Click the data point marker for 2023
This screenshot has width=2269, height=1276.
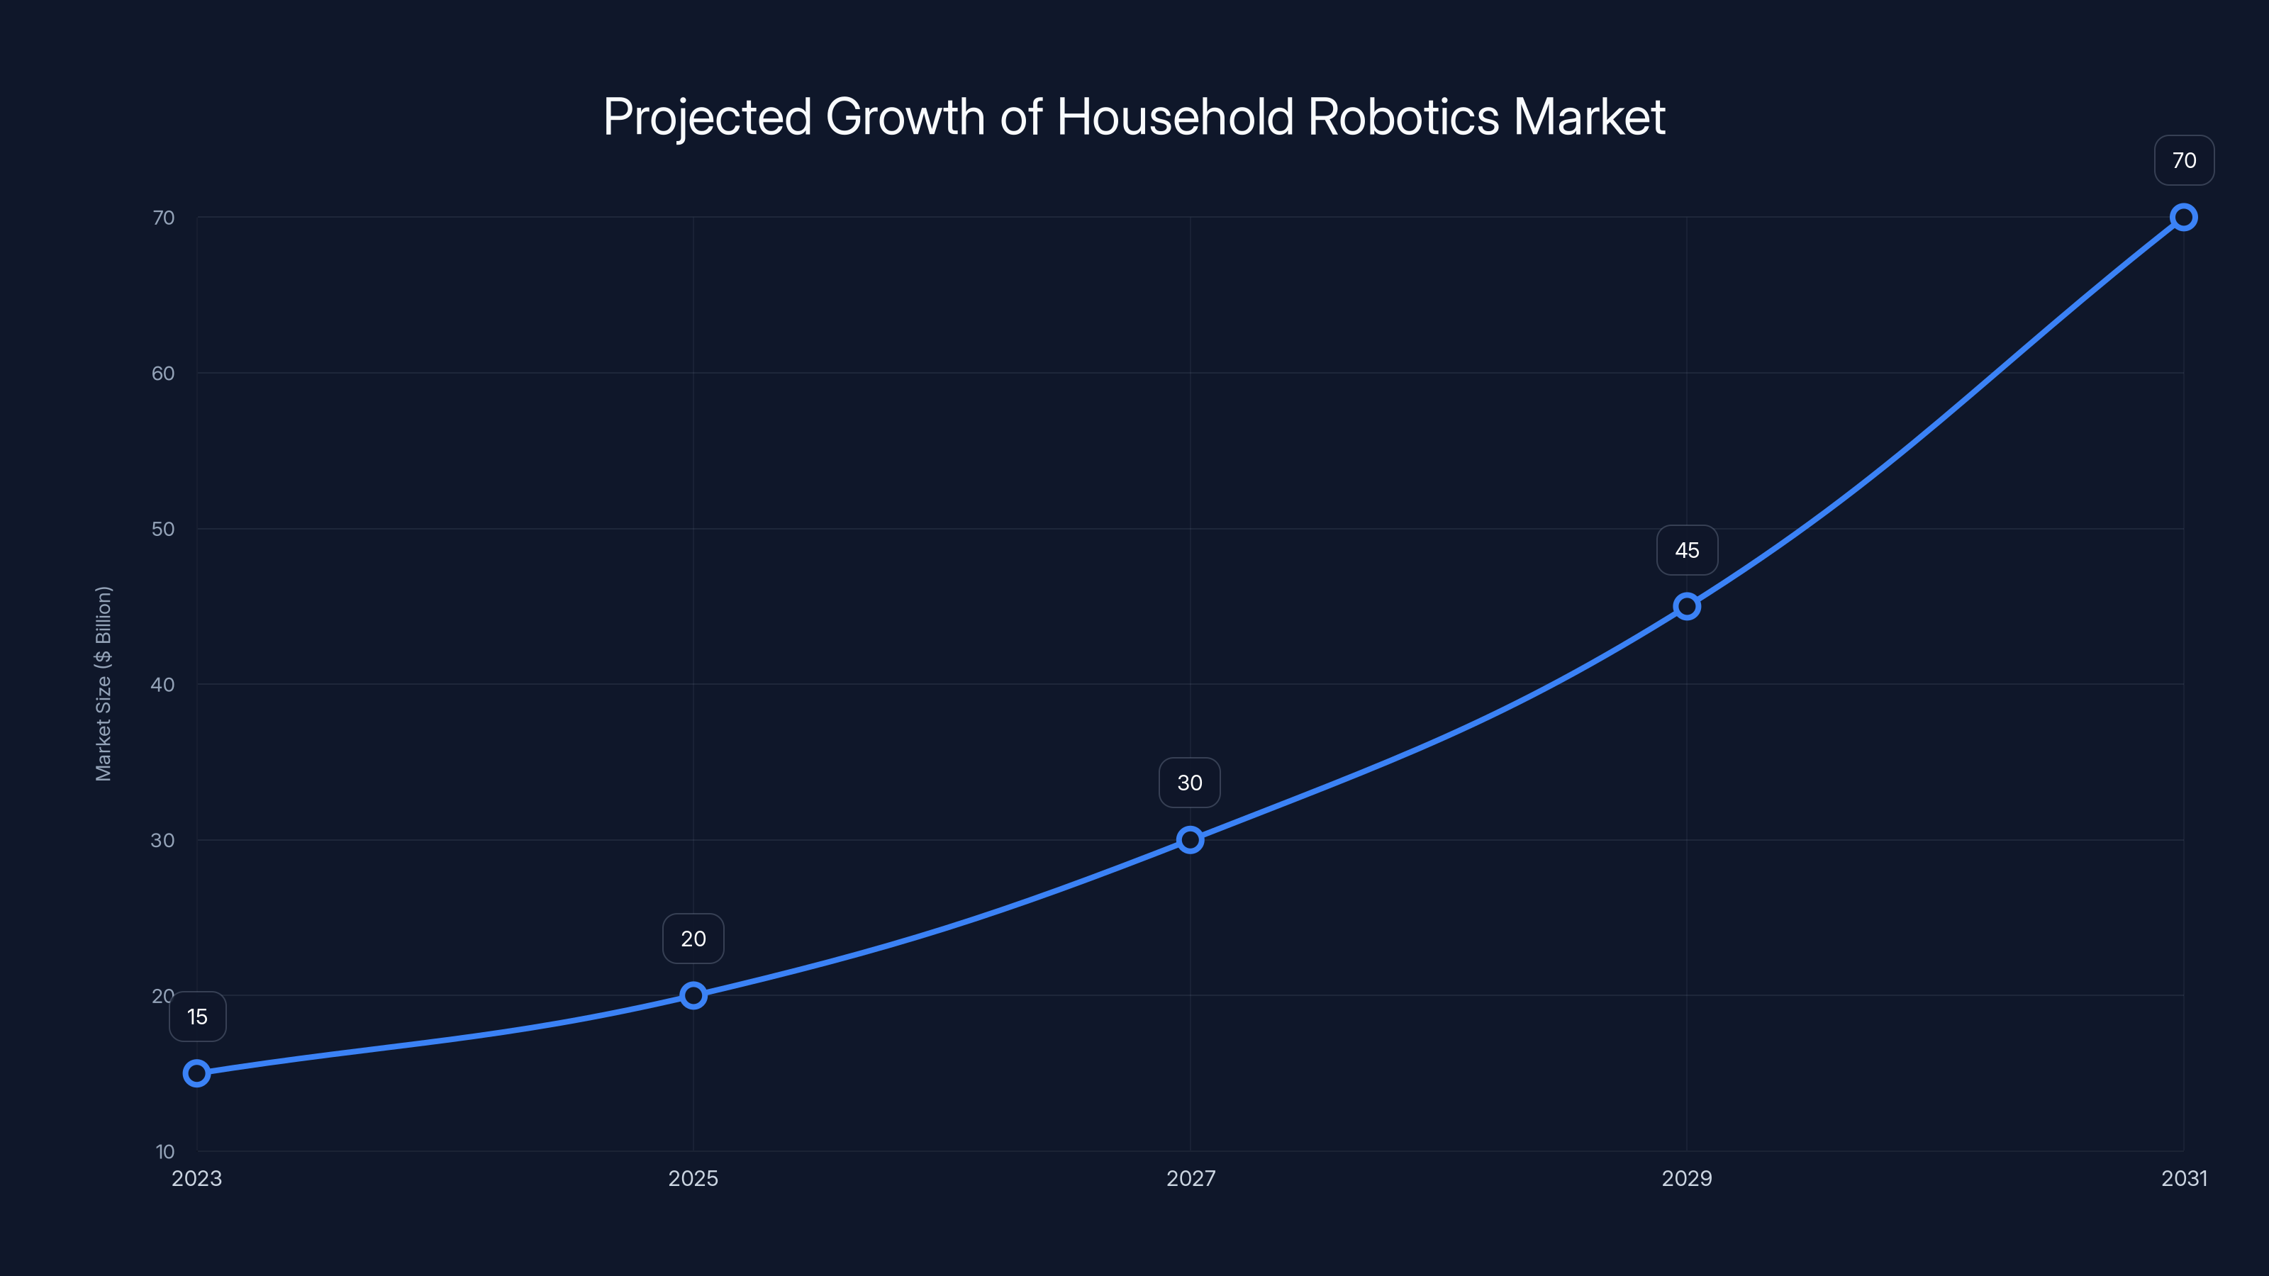pyautogui.click(x=196, y=1073)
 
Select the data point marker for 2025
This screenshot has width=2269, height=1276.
pyautogui.click(x=693, y=995)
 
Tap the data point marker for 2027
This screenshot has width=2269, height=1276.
pyautogui.click(x=1190, y=839)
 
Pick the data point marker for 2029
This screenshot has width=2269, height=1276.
pyautogui.click(x=1687, y=606)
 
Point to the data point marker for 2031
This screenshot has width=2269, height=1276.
pyautogui.click(x=2184, y=217)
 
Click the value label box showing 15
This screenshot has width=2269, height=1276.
pyautogui.click(x=197, y=1017)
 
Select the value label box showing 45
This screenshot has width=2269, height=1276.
pyautogui.click(x=1687, y=550)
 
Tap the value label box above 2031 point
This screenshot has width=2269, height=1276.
pyautogui.click(x=2184, y=160)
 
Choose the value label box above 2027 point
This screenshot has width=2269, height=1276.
pyautogui.click(x=1190, y=783)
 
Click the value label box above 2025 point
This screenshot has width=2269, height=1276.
pyautogui.click(x=693, y=939)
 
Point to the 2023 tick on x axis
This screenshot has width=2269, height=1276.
pyautogui.click(x=196, y=1178)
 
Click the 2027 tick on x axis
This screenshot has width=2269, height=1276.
pyautogui.click(x=1190, y=1178)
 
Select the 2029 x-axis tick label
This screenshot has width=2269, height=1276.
pyautogui.click(x=1687, y=1178)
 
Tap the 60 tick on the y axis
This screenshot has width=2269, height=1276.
pyautogui.click(x=163, y=374)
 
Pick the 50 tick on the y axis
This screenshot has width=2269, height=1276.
pyautogui.click(x=163, y=530)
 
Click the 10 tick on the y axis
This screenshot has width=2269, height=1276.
pyautogui.click(x=165, y=1151)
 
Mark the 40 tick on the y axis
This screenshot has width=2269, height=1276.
pyautogui.click(x=163, y=684)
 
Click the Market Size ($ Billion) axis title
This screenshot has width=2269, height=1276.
pyautogui.click(x=103, y=683)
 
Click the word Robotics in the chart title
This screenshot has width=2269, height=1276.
pyautogui.click(x=1403, y=116)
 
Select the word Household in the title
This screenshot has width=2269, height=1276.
pyautogui.click(x=1175, y=116)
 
